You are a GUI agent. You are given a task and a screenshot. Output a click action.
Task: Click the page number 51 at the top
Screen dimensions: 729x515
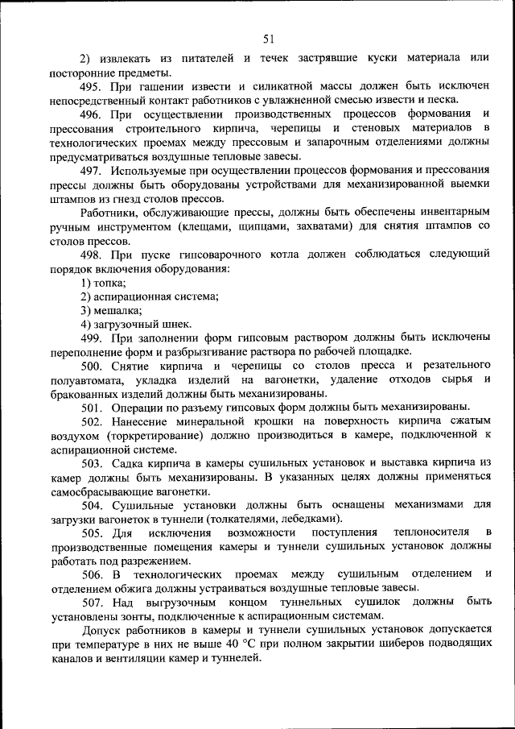click(269, 39)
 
